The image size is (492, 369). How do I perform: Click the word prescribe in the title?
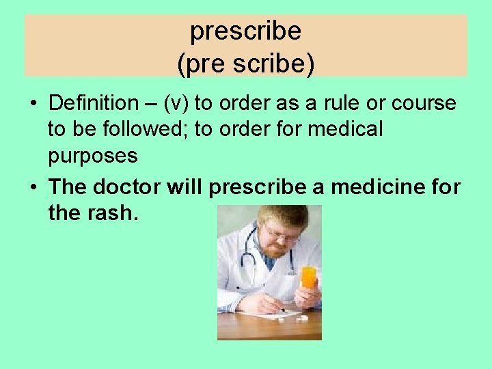click(246, 31)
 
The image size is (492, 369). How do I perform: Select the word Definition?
click(94, 103)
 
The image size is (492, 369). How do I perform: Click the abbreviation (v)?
click(174, 103)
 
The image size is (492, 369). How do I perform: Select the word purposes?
click(93, 156)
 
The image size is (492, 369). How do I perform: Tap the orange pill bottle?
click(308, 277)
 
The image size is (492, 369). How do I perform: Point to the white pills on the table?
click(301, 318)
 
